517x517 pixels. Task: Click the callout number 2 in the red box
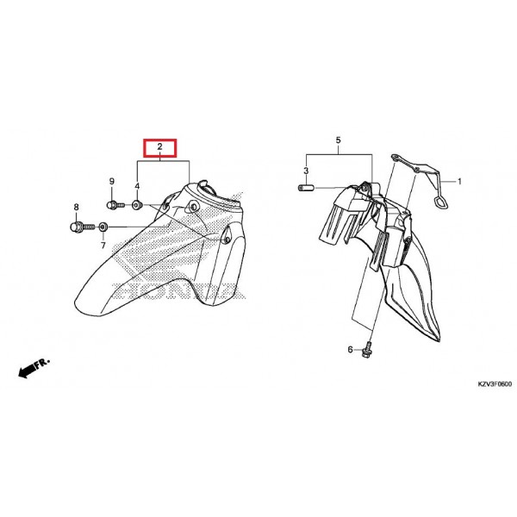point(160,146)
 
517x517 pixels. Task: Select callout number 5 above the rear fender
point(339,140)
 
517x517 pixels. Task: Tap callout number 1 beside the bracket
point(459,182)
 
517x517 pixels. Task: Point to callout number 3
point(306,171)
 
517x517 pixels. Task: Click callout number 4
point(137,186)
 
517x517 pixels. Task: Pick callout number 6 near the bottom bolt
point(350,350)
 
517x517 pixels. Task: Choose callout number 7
point(103,246)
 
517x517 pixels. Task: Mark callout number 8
point(76,208)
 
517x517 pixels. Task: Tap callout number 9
point(112,181)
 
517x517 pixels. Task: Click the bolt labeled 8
point(83,227)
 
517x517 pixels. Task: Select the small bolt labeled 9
point(115,205)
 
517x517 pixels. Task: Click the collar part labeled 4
point(137,205)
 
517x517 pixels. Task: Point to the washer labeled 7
point(103,227)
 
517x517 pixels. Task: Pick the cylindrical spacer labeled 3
point(306,188)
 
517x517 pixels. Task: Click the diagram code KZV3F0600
point(495,384)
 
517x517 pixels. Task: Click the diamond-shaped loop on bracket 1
point(441,202)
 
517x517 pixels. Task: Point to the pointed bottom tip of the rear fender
point(439,340)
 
